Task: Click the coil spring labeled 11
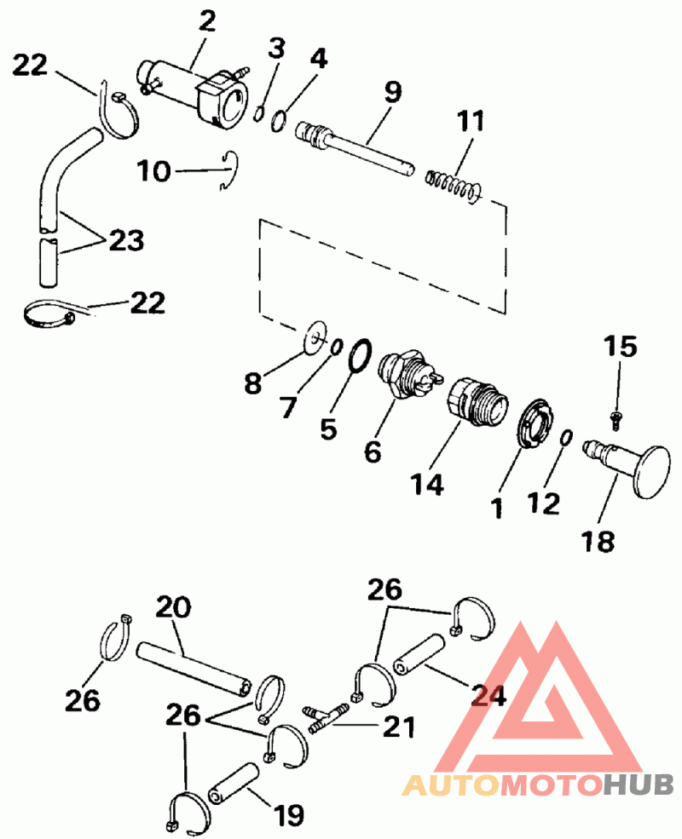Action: click(x=454, y=185)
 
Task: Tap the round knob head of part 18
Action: click(x=651, y=472)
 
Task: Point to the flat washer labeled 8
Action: click(x=315, y=337)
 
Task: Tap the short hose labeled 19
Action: click(x=234, y=783)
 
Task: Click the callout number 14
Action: click(x=427, y=485)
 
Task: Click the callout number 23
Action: click(x=127, y=240)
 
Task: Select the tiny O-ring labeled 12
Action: click(x=566, y=437)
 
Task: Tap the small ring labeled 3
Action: click(x=258, y=113)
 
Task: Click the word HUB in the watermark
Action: click(x=639, y=785)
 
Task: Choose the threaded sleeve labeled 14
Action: click(x=474, y=401)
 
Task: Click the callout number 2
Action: click(x=206, y=20)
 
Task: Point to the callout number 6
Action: click(x=373, y=451)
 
